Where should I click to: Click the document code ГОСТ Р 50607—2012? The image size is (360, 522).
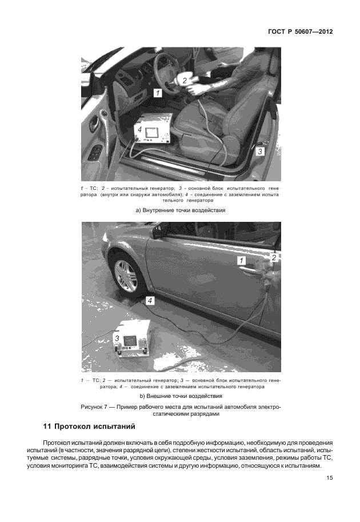pyautogui.click(x=300, y=32)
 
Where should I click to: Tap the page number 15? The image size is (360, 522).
pyautogui.click(x=329, y=479)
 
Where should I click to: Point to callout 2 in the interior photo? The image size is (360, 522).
pyautogui.click(x=185, y=81)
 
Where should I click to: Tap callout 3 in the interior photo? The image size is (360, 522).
pyautogui.click(x=259, y=152)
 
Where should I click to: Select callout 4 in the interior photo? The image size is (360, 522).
pyautogui.click(x=139, y=130)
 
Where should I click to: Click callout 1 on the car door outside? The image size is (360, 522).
pyautogui.click(x=242, y=260)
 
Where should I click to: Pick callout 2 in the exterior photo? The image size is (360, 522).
pyautogui.click(x=274, y=258)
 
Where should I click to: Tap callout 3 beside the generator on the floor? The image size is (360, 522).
pyautogui.click(x=118, y=338)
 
